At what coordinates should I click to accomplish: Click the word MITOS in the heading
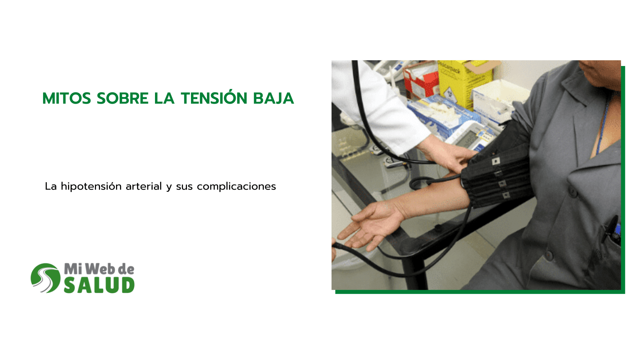click(x=67, y=98)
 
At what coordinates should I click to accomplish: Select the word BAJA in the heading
click(x=273, y=98)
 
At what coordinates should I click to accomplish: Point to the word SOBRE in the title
click(x=122, y=98)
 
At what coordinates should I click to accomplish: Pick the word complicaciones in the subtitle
click(x=236, y=186)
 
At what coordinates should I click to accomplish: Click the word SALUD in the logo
click(x=99, y=285)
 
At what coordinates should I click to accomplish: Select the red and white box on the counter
click(x=421, y=80)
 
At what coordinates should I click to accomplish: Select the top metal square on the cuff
click(x=496, y=161)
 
